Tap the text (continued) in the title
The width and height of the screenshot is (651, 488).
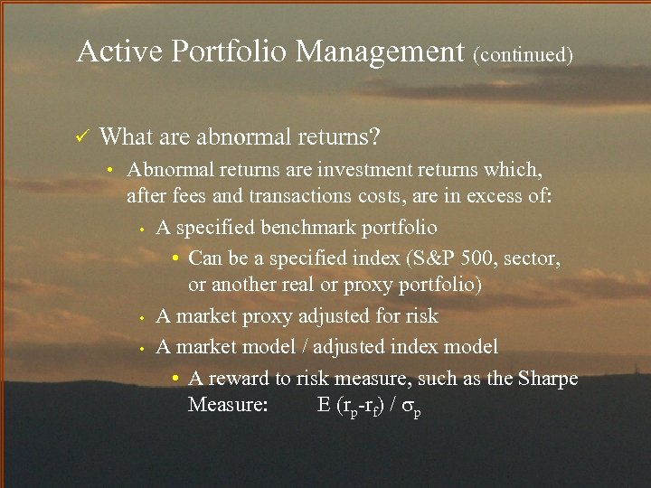click(x=523, y=54)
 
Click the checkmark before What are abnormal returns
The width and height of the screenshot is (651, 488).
click(x=80, y=137)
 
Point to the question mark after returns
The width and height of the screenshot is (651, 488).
click(x=374, y=137)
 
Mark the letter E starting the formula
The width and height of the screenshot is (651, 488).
click(x=324, y=404)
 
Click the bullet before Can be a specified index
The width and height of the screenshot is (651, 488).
click(x=178, y=258)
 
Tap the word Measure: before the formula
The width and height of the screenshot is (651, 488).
click(x=227, y=404)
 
